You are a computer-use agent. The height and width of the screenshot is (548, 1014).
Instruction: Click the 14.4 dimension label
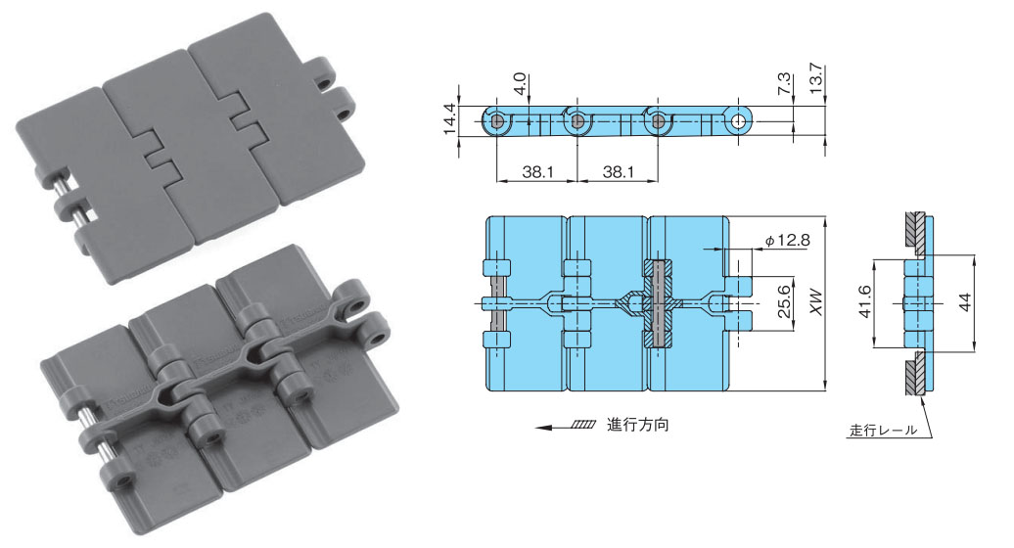pyautogui.click(x=450, y=119)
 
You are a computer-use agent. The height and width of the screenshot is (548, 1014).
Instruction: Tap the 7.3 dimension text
pyautogui.click(x=783, y=84)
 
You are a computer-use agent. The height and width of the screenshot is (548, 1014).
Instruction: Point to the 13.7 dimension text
pyautogui.click(x=815, y=78)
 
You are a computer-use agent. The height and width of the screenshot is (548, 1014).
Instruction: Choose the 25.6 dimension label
pyautogui.click(x=784, y=301)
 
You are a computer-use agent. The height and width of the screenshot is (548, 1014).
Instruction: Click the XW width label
pyautogui.click(x=816, y=302)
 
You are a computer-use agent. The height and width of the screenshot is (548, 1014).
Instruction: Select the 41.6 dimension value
pyautogui.click(x=864, y=302)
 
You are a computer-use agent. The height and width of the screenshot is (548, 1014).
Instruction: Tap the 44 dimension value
pyautogui.click(x=965, y=302)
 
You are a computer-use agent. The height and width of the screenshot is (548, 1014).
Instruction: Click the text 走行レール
pyautogui.click(x=883, y=430)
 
